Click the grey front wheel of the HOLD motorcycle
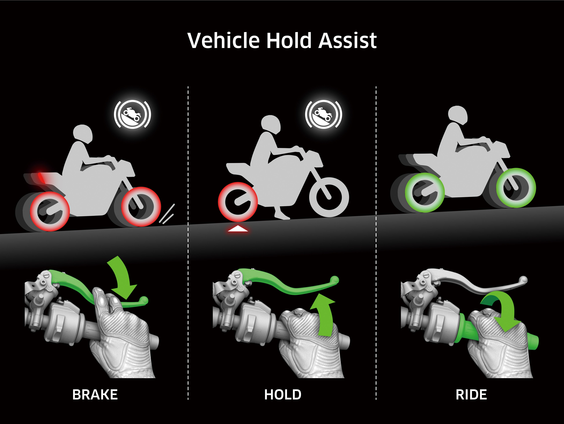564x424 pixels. [329, 197]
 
